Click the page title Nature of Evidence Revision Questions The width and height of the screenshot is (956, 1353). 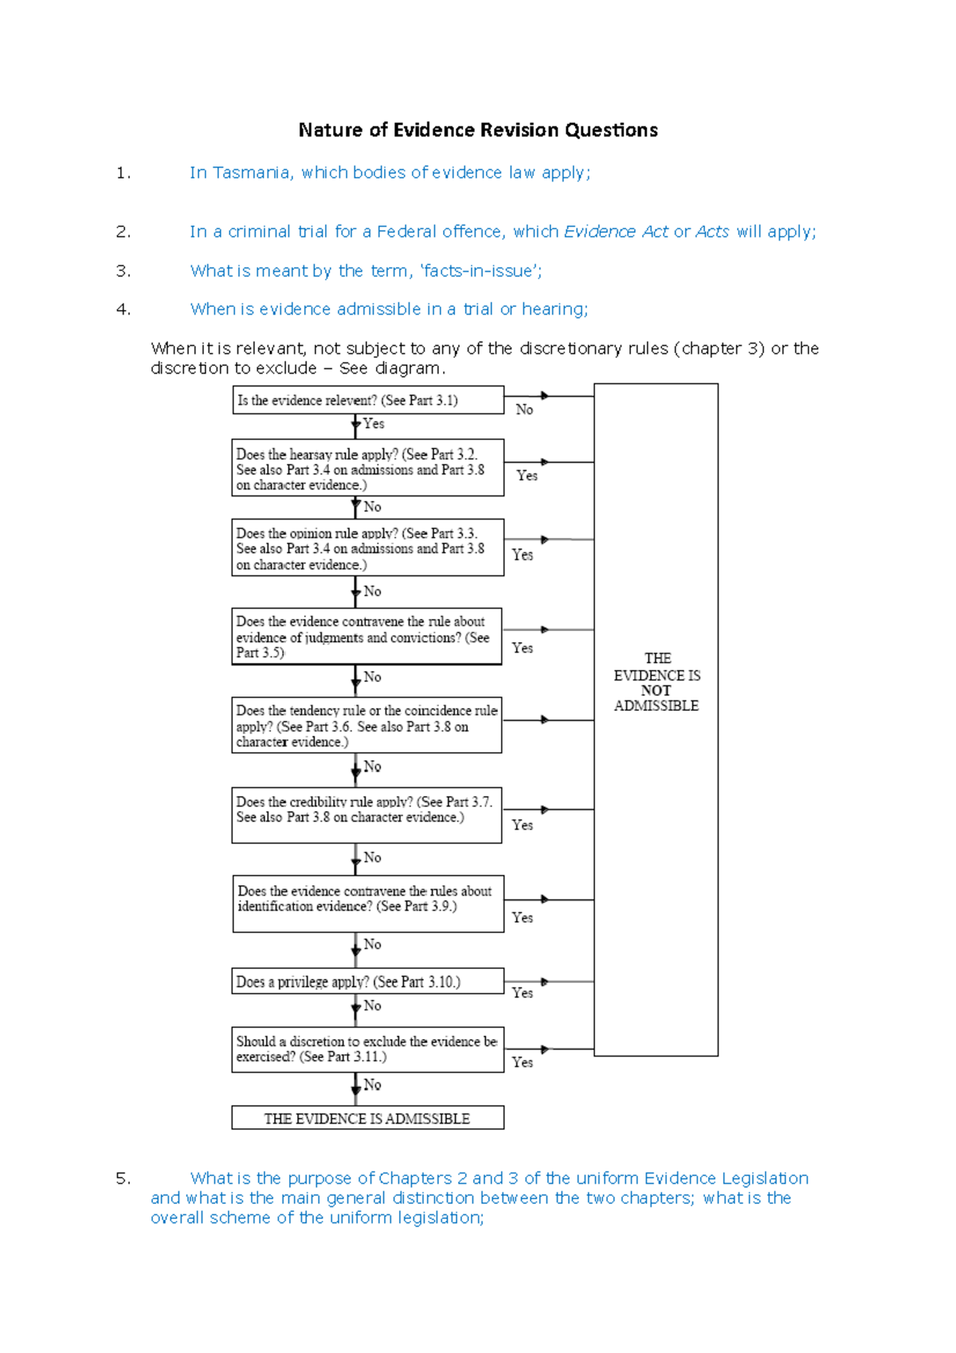click(x=478, y=130)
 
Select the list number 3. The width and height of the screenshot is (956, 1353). click(x=123, y=272)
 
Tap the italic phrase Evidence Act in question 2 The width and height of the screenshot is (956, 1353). click(x=616, y=232)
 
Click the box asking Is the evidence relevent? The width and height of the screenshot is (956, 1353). click(x=367, y=400)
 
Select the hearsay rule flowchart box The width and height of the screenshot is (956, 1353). click(x=367, y=469)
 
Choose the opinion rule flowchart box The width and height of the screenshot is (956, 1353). click(x=367, y=548)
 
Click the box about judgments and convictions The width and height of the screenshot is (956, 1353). click(x=366, y=637)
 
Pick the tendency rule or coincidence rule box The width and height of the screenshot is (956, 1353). click(x=366, y=725)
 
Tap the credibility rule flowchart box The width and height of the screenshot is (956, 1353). click(x=366, y=814)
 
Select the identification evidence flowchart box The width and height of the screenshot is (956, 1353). click(x=367, y=904)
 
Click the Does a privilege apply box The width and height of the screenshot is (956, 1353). click(x=367, y=982)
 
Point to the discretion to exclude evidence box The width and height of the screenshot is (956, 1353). click(x=367, y=1049)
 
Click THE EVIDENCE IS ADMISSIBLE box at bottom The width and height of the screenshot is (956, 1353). click(x=367, y=1118)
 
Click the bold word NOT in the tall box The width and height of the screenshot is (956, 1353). click(x=656, y=691)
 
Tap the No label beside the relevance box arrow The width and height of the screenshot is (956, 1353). click(x=524, y=410)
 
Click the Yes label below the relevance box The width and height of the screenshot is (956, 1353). click(x=374, y=424)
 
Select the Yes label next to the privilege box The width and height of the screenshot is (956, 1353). click(x=523, y=993)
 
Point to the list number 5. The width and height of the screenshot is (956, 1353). click(x=123, y=1178)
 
